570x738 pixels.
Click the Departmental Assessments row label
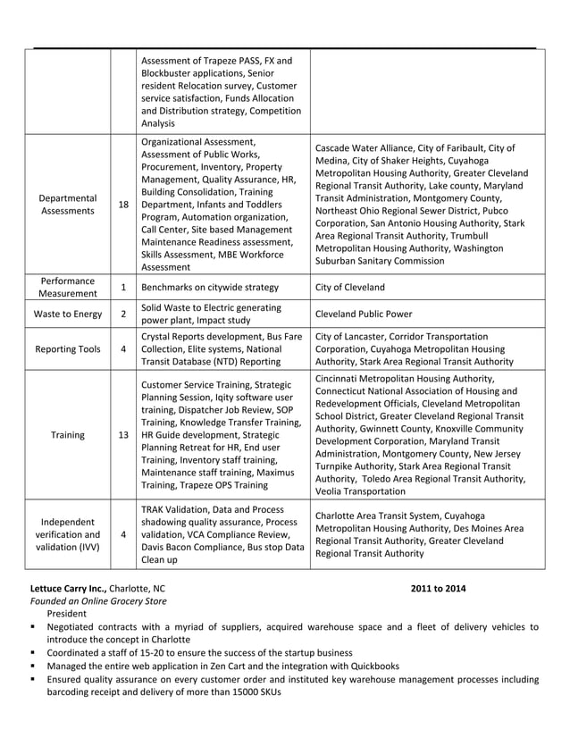tap(68, 204)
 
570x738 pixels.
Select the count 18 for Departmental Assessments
tap(123, 205)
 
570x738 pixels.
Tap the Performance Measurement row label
tap(68, 287)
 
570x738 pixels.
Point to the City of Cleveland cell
tap(350, 288)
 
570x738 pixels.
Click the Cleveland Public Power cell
tap(363, 314)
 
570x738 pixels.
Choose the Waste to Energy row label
tap(68, 314)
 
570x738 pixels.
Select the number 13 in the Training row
tap(123, 435)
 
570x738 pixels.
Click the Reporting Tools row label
tap(68, 349)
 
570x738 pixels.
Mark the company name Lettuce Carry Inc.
tap(68, 589)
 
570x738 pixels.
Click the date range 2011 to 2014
tap(438, 589)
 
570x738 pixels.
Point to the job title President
tap(67, 614)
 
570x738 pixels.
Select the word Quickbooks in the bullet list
tap(372, 666)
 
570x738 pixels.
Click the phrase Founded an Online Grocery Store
tap(98, 601)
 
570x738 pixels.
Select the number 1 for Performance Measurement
tap(123, 288)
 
